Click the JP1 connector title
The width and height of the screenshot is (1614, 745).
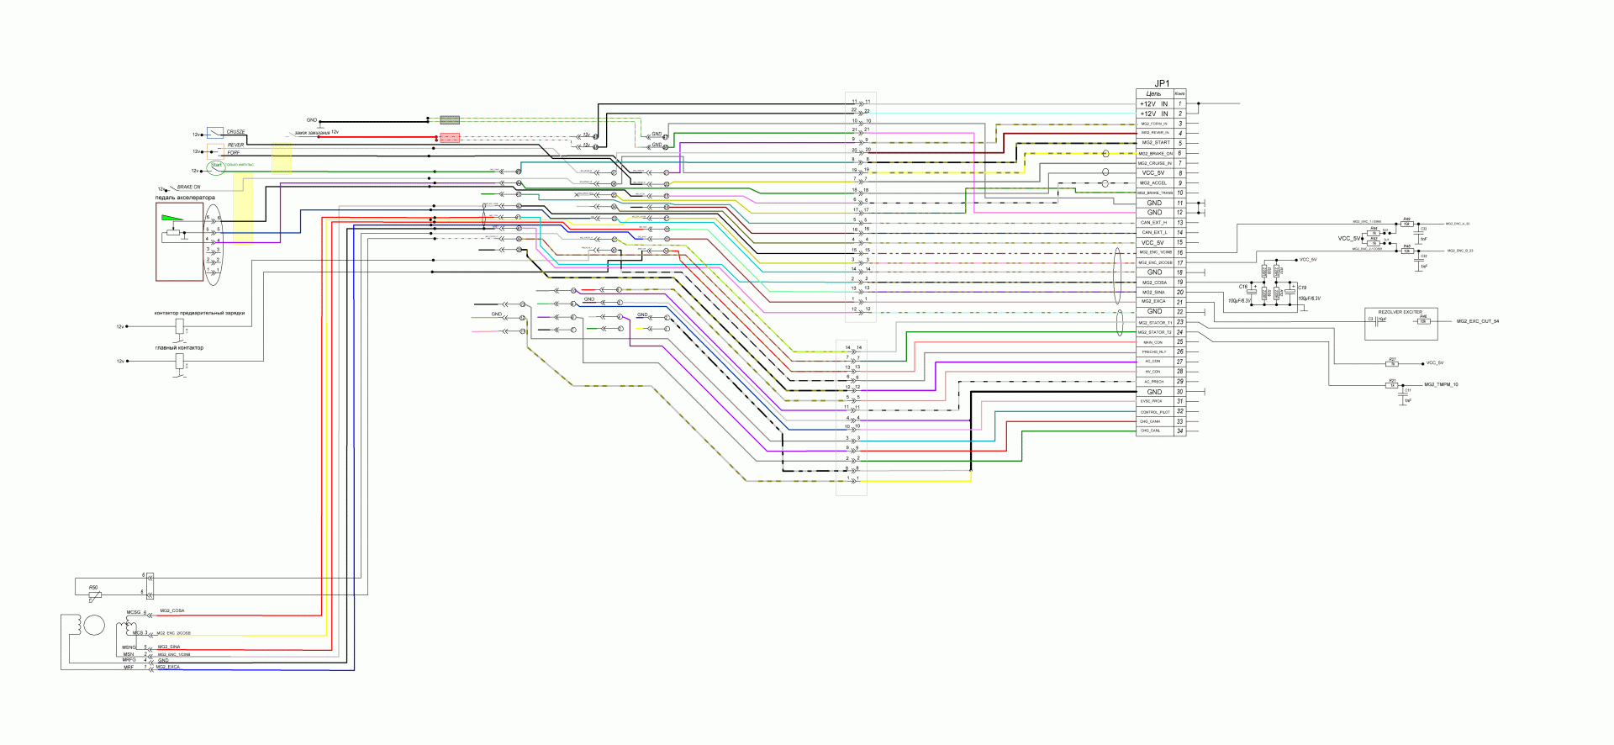coord(1162,83)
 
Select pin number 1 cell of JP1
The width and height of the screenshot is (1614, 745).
coord(1179,103)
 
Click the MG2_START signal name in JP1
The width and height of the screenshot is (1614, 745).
coord(1155,143)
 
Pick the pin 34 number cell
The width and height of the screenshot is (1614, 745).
coord(1179,431)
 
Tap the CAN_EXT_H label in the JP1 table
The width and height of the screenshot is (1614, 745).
coord(1153,223)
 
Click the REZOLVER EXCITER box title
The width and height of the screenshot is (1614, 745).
coord(1400,312)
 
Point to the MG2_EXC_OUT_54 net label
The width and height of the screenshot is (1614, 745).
coord(1477,321)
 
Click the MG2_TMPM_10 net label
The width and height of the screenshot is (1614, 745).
coord(1441,384)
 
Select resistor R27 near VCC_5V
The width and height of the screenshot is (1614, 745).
coord(1392,364)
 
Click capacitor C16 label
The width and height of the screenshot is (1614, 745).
coord(1243,287)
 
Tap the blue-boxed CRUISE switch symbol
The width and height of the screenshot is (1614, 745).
coord(215,133)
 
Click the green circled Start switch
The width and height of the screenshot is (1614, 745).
coord(216,166)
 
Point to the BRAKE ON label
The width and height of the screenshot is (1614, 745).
coord(188,188)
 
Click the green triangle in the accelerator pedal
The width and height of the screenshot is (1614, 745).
coord(171,219)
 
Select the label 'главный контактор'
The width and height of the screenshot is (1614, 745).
coord(179,348)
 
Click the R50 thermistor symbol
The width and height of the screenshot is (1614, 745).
coord(95,596)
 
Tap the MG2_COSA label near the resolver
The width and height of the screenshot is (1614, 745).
coord(171,611)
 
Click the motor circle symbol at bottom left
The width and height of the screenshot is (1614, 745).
coord(93,626)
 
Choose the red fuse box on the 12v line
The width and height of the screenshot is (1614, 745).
coord(450,138)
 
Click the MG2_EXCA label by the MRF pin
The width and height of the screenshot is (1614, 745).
coord(167,668)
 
